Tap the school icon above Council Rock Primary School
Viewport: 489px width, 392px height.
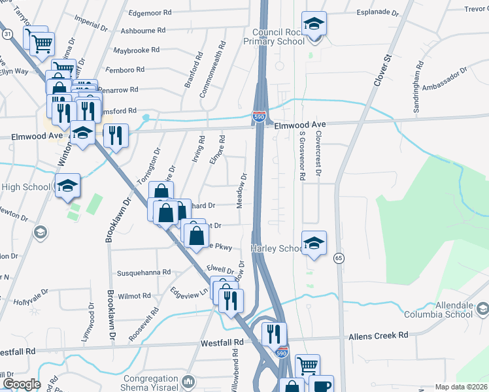[314, 24]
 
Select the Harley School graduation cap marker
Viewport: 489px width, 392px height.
[314, 243]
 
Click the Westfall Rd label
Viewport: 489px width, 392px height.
[222, 342]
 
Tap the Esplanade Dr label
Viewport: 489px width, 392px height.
[377, 12]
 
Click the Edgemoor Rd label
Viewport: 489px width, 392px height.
[150, 12]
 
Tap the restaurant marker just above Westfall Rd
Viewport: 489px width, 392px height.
[274, 333]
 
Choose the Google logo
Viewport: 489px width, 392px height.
[21, 384]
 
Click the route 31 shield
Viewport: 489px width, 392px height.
[7, 33]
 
